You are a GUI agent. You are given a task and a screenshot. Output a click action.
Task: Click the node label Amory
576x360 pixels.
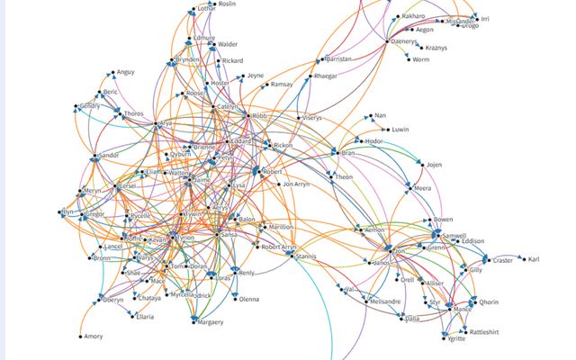(x=94, y=337)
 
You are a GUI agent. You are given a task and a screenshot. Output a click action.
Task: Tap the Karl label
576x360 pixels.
(x=535, y=260)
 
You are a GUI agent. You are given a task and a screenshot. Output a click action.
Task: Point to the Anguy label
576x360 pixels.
(x=125, y=74)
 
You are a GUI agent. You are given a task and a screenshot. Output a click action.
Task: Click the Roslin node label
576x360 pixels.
(x=228, y=4)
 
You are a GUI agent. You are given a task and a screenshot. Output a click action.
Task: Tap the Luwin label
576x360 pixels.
(x=401, y=130)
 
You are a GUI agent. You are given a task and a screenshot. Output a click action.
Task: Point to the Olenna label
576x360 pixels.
(x=248, y=299)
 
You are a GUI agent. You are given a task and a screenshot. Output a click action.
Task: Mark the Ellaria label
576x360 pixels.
(x=145, y=317)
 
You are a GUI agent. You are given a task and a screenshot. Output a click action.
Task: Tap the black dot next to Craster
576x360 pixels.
(x=489, y=260)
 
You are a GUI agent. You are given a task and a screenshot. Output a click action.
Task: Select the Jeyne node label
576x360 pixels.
(x=256, y=76)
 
